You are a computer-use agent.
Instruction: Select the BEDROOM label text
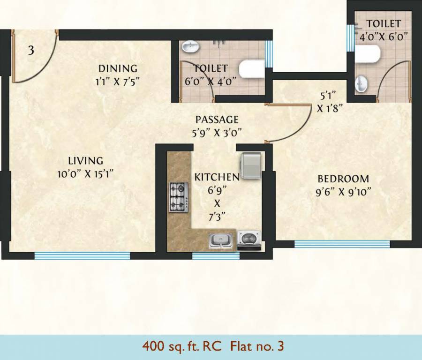coord(343,179)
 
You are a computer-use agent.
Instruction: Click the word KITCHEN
coord(217,177)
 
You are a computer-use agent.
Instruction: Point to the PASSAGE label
coord(217,119)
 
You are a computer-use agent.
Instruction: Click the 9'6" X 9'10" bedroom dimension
coord(344,192)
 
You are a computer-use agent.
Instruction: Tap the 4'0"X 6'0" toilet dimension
coord(384,36)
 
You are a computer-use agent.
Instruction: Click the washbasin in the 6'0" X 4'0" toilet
coord(190,46)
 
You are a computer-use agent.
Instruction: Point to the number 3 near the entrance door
coord(31,50)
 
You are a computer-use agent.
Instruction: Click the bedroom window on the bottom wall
coord(342,244)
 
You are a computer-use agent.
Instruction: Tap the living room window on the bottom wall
coord(82,255)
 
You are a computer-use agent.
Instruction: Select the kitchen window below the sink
coord(216,256)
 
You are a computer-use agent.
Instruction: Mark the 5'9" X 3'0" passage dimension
coord(217,132)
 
